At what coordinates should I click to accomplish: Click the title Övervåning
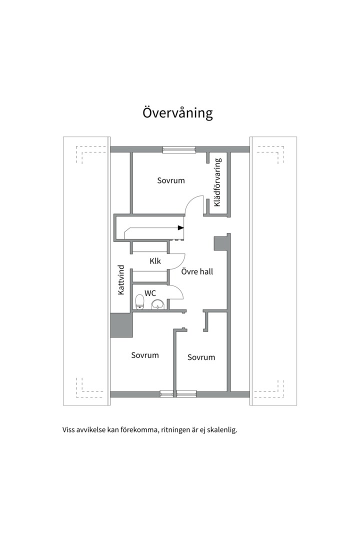(177, 112)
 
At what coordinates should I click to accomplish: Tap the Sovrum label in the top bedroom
(171, 180)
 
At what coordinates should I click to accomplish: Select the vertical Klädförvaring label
(217, 182)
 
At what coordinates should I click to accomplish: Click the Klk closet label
(155, 261)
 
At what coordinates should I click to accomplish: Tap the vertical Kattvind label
(121, 279)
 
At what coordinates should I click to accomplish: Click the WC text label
(150, 292)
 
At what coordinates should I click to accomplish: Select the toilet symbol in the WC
(140, 302)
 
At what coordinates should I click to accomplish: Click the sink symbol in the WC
(158, 304)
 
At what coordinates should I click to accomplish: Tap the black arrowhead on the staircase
(180, 228)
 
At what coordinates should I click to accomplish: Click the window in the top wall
(179, 149)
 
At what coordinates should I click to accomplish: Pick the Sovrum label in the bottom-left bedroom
(145, 355)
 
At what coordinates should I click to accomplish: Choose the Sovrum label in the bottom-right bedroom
(201, 357)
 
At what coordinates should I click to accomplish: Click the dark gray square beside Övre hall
(220, 243)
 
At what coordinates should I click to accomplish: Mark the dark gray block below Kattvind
(121, 325)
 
